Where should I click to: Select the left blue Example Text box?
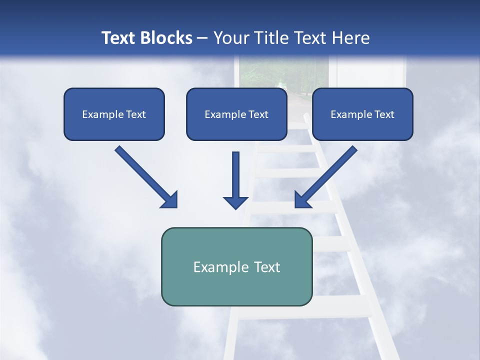(x=114, y=114)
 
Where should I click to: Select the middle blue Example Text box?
(x=236, y=114)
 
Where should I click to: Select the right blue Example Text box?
(x=362, y=114)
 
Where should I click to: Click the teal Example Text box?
(x=236, y=266)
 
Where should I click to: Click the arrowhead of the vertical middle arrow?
(x=235, y=202)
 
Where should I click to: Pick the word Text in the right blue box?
(x=384, y=114)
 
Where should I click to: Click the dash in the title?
(x=202, y=38)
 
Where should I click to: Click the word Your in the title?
(x=230, y=38)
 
